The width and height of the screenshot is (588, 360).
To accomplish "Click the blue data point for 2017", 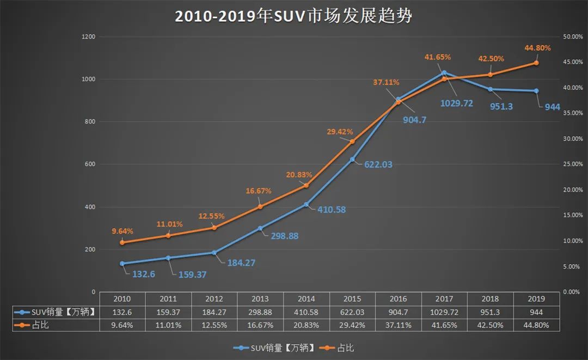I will (444, 72).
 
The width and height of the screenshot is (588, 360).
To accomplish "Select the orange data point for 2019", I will (536, 63).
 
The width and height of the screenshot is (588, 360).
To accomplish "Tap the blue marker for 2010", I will (122, 264).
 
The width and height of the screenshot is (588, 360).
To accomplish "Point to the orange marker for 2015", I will (352, 142).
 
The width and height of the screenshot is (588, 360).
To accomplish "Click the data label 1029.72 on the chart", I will (456, 103).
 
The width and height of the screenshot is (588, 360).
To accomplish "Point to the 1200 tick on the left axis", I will (88, 37).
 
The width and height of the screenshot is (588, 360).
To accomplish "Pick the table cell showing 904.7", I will (398, 312).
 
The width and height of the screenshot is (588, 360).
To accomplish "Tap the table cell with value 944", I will (536, 312).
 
